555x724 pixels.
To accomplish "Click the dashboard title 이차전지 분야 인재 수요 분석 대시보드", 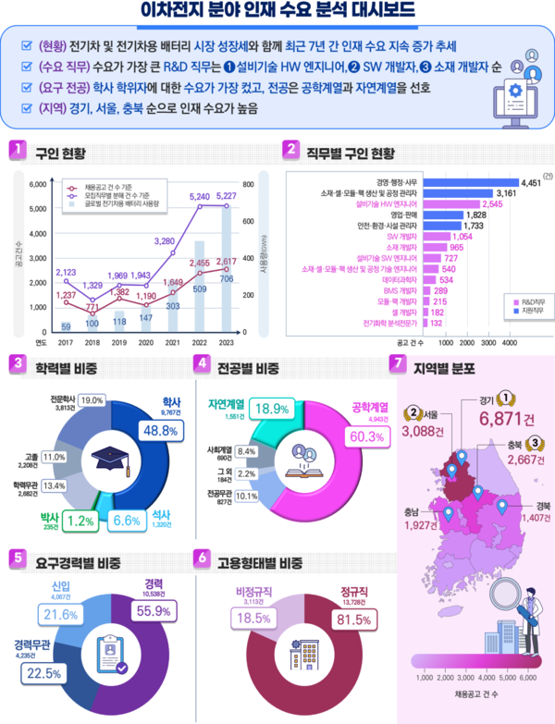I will click(277, 12).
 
